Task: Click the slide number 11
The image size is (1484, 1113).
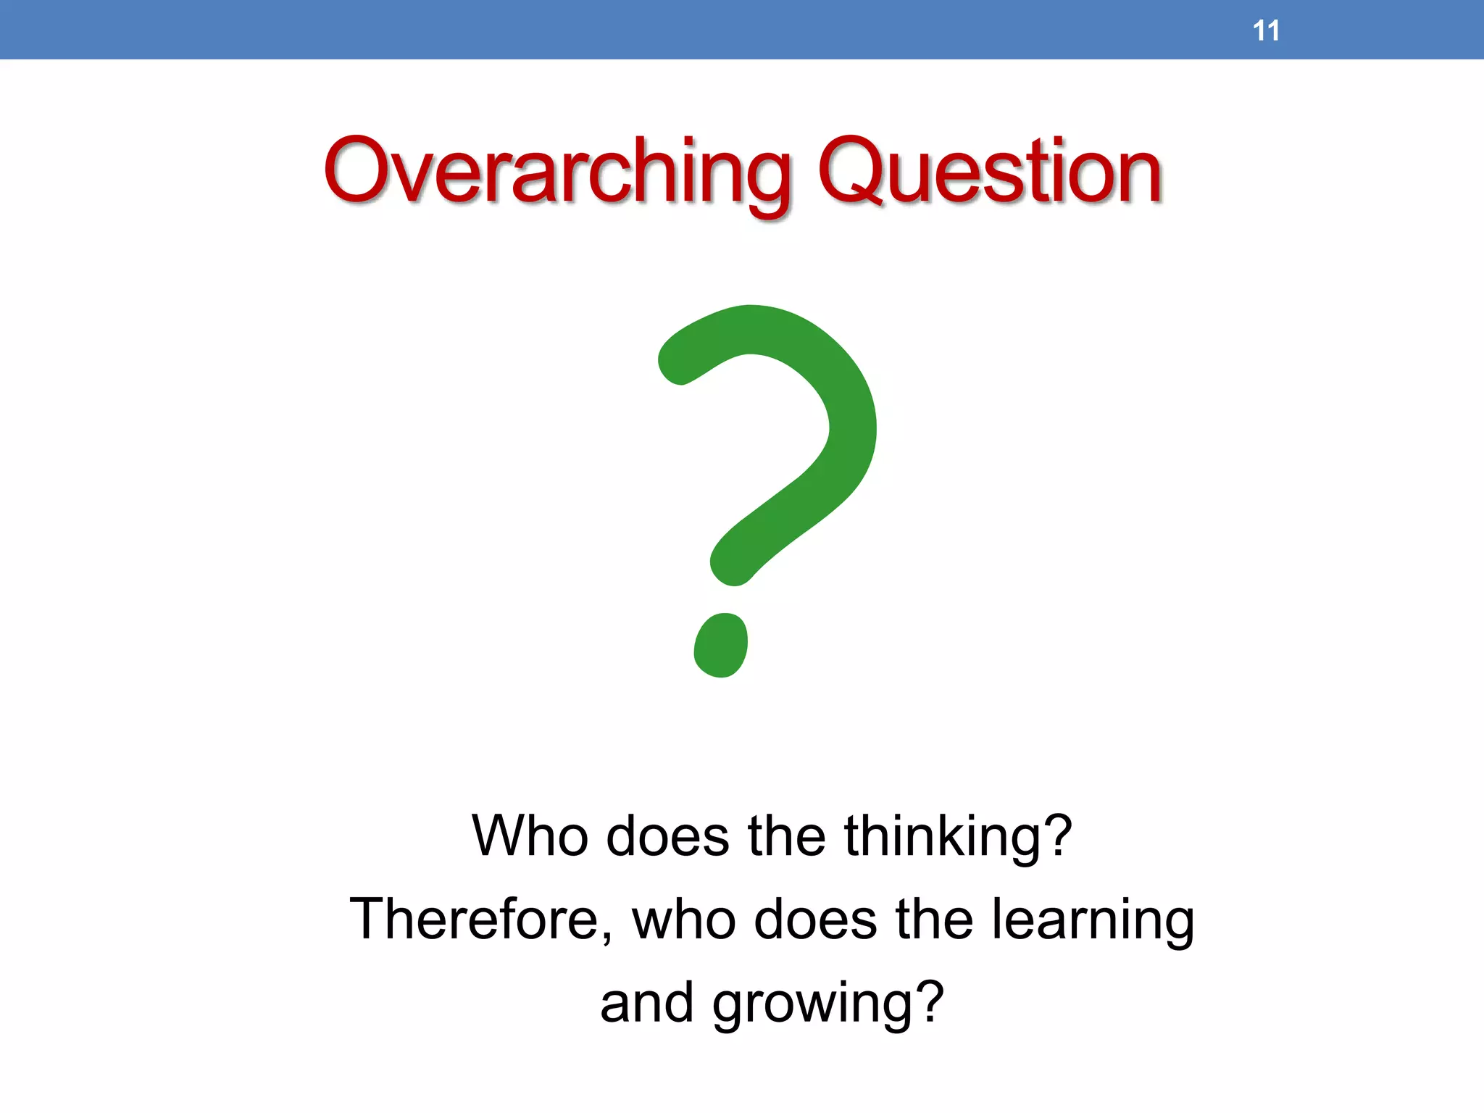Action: coord(1265,31)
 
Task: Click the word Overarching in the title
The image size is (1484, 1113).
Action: coord(558,172)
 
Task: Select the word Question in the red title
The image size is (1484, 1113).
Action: coord(990,172)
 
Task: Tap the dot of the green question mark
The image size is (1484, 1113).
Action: coord(720,645)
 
